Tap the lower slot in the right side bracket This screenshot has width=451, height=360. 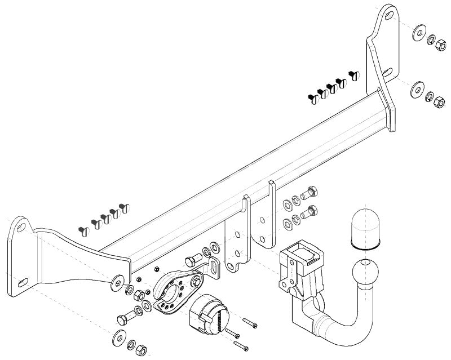point(388,72)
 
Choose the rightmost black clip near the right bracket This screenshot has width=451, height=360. point(354,74)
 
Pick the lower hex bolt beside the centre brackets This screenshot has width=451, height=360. point(308,213)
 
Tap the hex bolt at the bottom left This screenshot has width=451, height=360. point(123,319)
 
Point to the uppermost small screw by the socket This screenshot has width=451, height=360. point(250,323)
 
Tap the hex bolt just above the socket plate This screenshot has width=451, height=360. point(192,259)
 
